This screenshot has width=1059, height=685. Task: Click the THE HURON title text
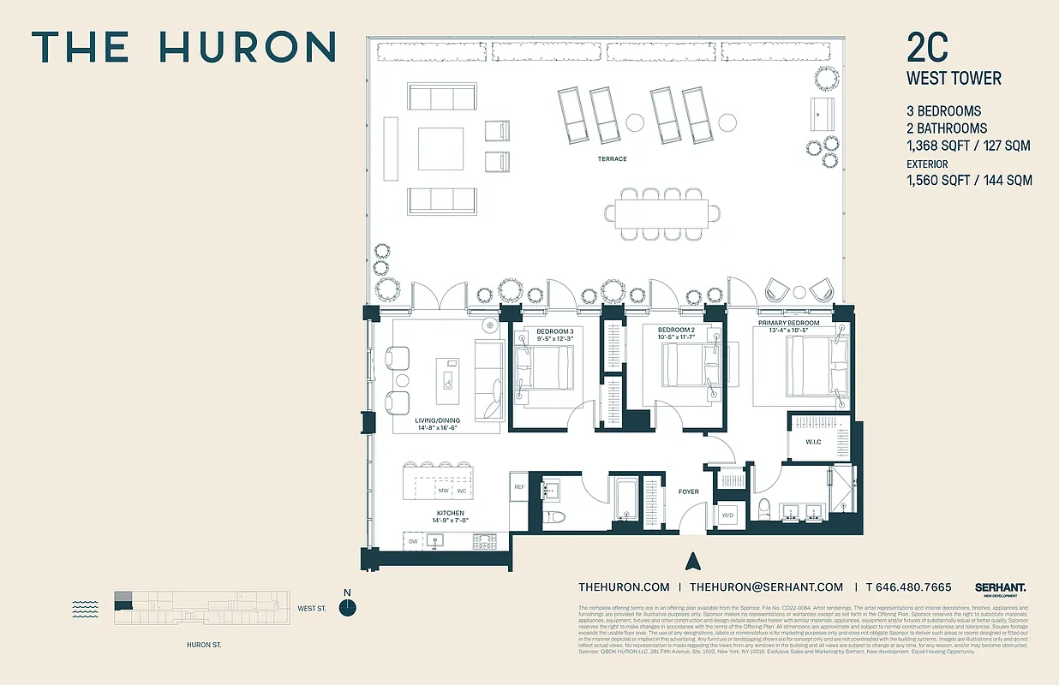(183, 47)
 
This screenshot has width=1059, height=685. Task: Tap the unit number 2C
(927, 49)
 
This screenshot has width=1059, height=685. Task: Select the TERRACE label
(612, 159)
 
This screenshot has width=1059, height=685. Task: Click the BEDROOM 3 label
(554, 331)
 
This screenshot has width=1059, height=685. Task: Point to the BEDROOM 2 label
(675, 331)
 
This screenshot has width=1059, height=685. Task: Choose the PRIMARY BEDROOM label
(788, 323)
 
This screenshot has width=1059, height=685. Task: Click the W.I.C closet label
(813, 443)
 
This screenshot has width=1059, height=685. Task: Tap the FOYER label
(688, 491)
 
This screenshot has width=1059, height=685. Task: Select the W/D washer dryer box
(727, 515)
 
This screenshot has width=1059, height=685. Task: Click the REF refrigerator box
(518, 487)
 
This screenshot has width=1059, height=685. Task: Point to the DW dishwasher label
(413, 541)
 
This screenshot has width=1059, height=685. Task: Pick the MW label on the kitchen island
(443, 491)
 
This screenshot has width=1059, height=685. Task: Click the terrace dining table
(661, 211)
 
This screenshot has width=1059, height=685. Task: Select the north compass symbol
(347, 606)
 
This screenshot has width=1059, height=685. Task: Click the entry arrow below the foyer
(694, 562)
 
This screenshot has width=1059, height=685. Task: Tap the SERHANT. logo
(1000, 587)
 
